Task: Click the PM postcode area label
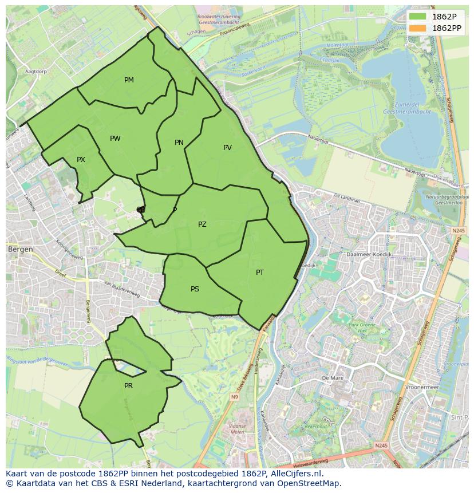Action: [129, 80]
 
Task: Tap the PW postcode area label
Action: [115, 139]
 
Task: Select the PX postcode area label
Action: [81, 160]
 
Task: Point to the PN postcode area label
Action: [179, 143]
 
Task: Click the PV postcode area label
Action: [227, 148]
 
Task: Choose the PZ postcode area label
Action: [202, 224]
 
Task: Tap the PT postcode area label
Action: [260, 273]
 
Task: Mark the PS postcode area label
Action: [195, 289]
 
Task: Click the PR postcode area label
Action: [128, 386]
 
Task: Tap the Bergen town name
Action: [20, 250]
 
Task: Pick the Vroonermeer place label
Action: [421, 387]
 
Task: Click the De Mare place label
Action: [332, 378]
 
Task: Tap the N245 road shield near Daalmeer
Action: [458, 230]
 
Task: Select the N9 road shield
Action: [235, 396]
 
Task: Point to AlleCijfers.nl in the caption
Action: [295, 474]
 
